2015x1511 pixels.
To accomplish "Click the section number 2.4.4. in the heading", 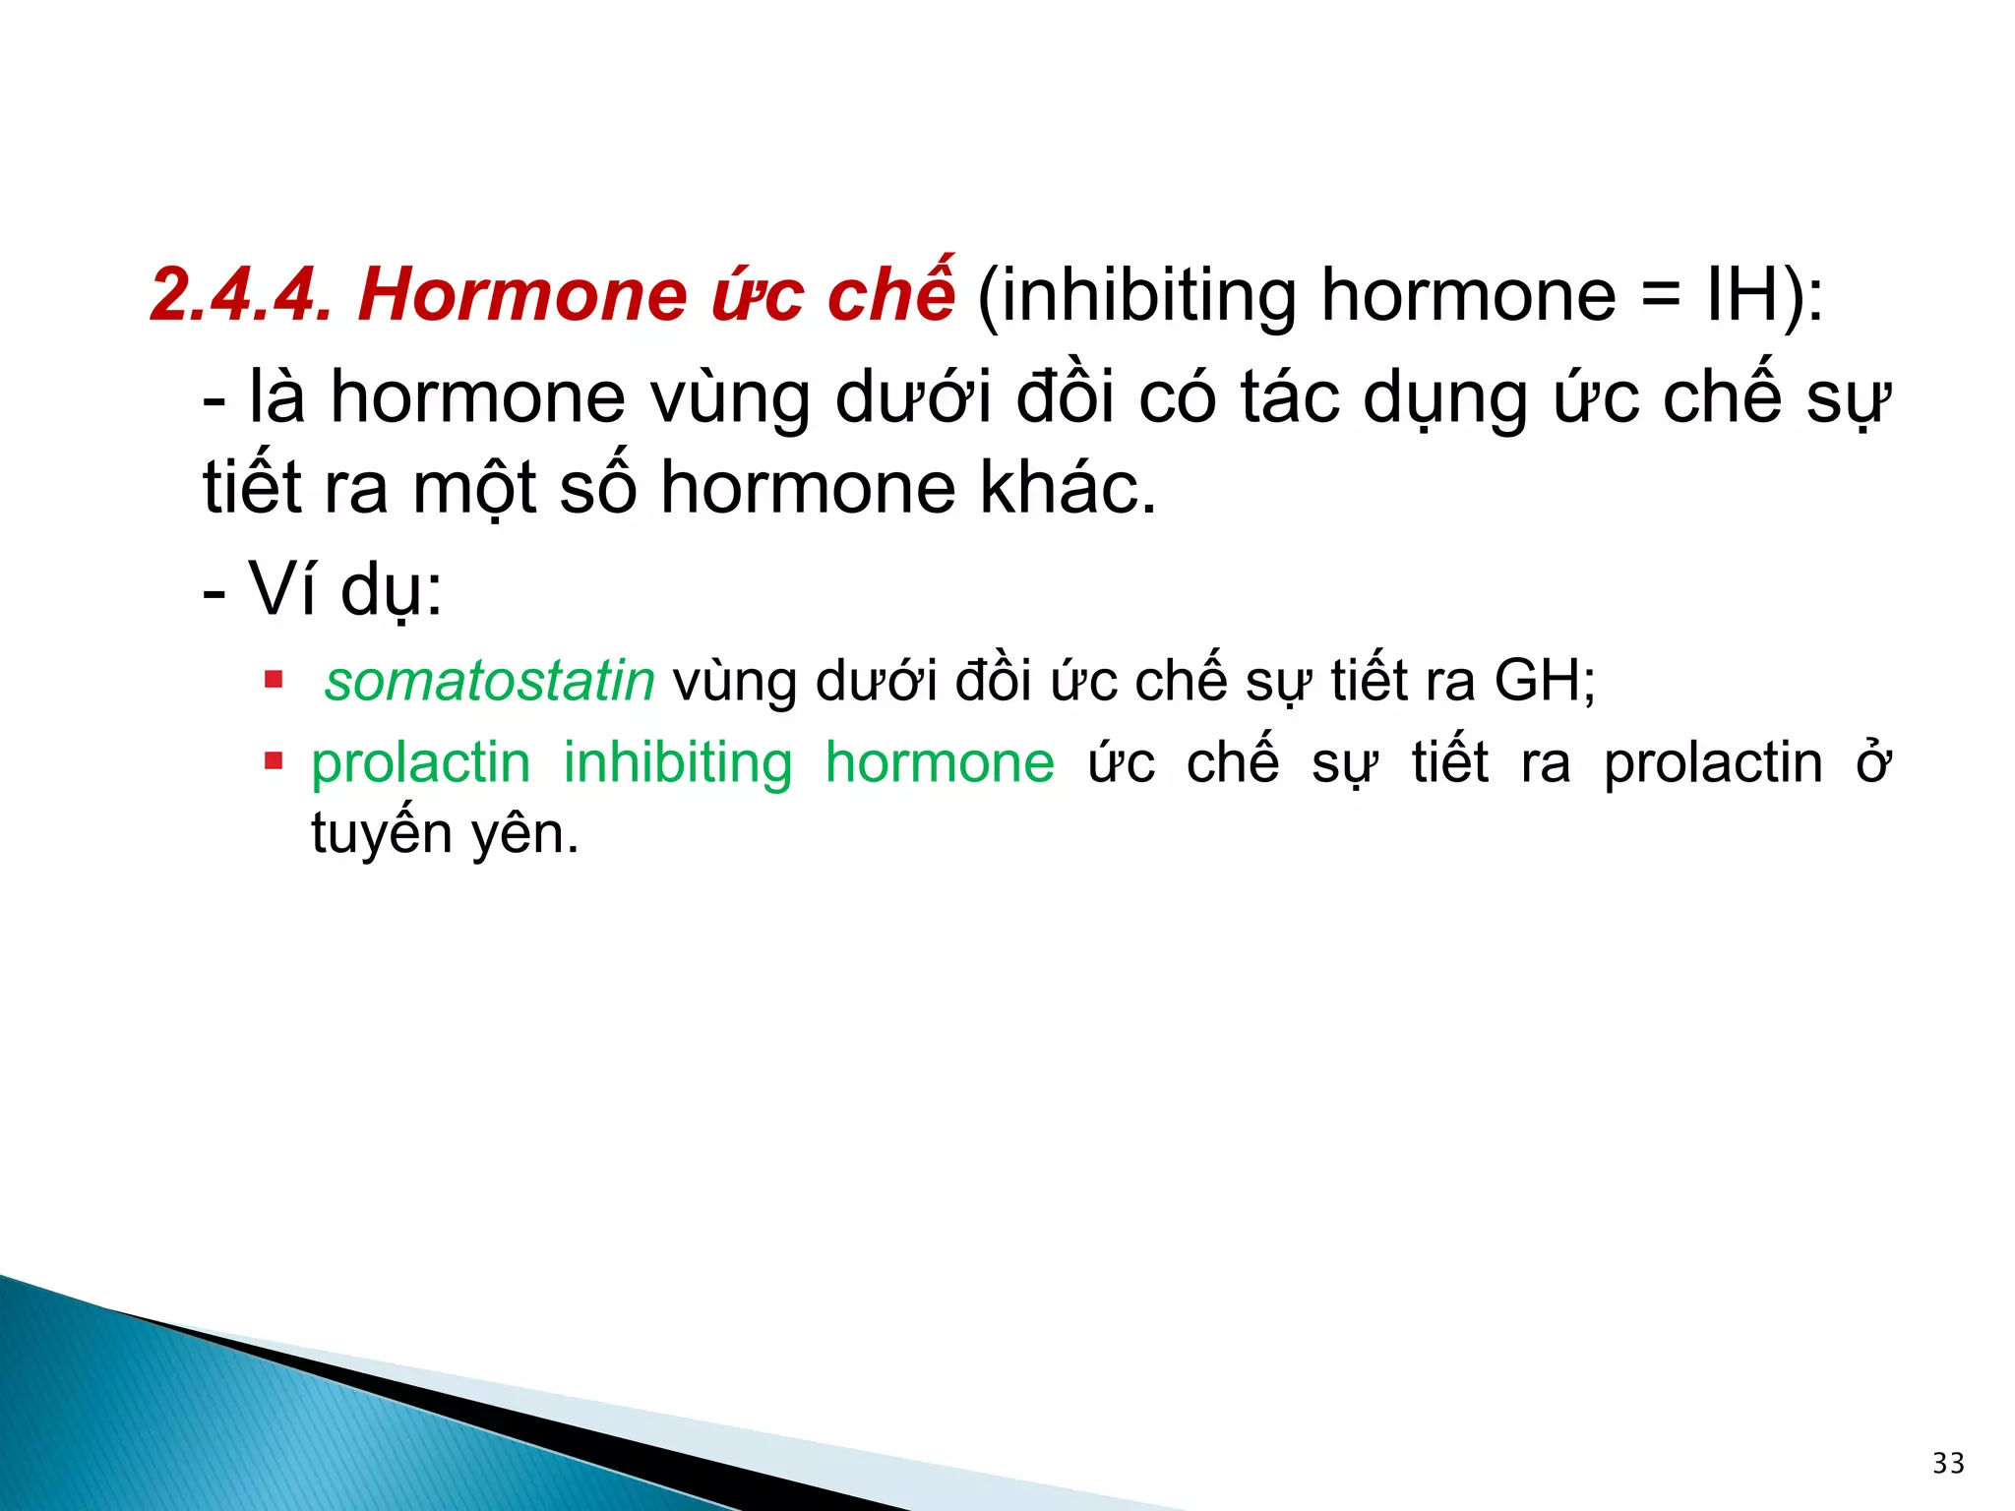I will tap(240, 294).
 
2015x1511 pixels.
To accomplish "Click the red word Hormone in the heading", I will tap(522, 294).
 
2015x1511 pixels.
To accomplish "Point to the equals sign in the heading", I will tap(1661, 296).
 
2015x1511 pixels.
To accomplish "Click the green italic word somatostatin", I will tap(489, 681).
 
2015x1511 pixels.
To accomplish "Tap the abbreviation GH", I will tap(1537, 681).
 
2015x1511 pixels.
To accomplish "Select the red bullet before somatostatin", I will tap(274, 679).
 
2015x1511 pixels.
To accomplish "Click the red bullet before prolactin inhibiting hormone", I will tap(274, 760).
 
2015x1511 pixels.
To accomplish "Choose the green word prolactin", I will tap(420, 763).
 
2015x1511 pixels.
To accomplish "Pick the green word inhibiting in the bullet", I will tap(677, 763).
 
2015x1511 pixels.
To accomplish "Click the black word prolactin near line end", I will tap(1713, 763).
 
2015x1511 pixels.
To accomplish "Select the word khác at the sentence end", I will tap(1056, 488).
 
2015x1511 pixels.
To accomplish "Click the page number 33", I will tap(1948, 1463).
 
